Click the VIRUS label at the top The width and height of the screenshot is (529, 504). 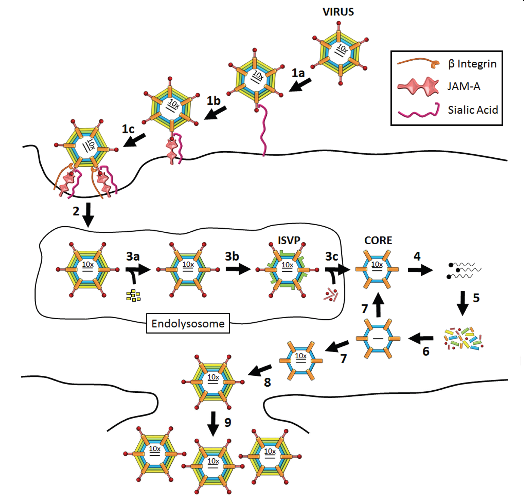[338, 12]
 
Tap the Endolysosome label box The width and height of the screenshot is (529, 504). [188, 323]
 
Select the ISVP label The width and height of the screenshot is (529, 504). [289, 240]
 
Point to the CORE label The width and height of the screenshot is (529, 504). [378, 240]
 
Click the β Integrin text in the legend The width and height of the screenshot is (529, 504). [472, 64]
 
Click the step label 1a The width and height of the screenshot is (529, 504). [298, 73]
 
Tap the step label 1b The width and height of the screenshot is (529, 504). [213, 101]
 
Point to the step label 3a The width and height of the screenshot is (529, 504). [133, 256]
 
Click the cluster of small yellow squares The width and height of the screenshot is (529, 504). [133, 295]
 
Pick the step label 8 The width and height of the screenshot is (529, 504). [267, 382]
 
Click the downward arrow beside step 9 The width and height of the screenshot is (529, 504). [213, 423]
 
